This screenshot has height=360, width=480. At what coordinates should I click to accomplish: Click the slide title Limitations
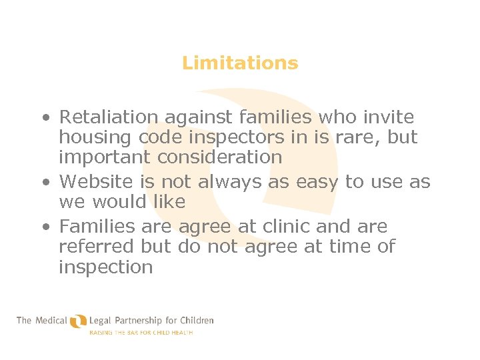click(x=240, y=63)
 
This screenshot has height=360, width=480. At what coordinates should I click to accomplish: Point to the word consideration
click(x=220, y=157)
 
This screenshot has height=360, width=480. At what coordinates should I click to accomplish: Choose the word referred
click(x=97, y=247)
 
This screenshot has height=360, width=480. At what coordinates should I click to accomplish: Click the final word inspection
click(x=105, y=267)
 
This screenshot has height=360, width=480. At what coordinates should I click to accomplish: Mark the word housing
click(x=97, y=137)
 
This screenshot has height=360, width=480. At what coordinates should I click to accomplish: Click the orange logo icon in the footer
click(x=78, y=322)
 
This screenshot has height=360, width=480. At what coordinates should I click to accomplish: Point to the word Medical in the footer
click(x=51, y=320)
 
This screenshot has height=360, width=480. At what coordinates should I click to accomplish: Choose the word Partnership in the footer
click(x=140, y=320)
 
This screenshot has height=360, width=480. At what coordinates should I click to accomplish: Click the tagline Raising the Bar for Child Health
click(x=141, y=332)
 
